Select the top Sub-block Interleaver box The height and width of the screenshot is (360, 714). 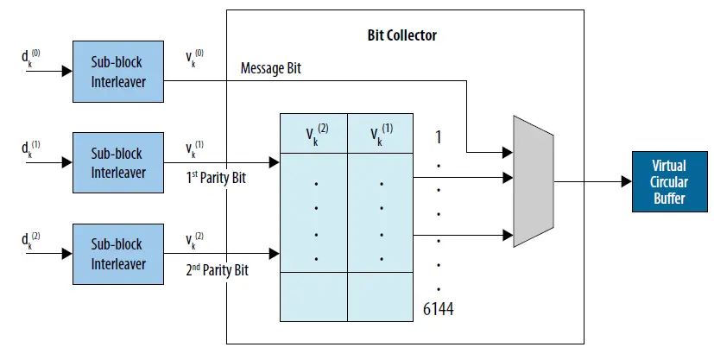pos(117,72)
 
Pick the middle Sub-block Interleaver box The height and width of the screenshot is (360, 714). pos(117,163)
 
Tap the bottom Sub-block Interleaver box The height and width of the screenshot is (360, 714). pos(117,255)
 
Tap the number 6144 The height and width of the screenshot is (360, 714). pos(439,308)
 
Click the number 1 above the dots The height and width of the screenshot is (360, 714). pos(439,136)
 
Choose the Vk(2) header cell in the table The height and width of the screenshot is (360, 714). pos(313,133)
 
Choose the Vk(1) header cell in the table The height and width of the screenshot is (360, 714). pos(380,133)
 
